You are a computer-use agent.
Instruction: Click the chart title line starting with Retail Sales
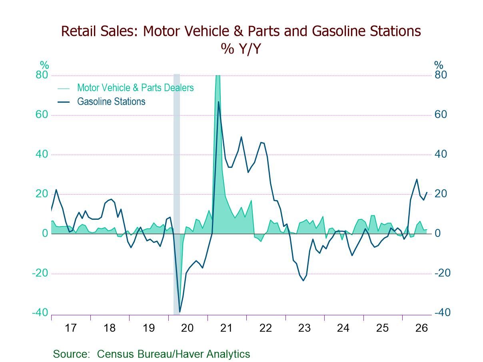tap(241, 31)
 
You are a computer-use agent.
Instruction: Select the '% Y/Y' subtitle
tap(241, 49)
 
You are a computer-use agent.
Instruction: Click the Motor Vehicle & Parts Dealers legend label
tap(135, 88)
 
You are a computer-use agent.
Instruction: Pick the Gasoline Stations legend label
tap(111, 102)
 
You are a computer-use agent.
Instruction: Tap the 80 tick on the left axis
tap(42, 75)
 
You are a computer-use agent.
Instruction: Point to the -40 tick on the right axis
tap(442, 312)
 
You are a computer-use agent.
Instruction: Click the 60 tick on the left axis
tap(42, 115)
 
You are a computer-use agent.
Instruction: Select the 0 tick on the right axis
tap(437, 233)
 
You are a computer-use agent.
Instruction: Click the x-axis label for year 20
tap(187, 328)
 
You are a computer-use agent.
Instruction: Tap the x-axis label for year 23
tap(304, 328)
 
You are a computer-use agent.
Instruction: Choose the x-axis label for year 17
tap(71, 328)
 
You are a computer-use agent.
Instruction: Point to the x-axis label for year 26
tap(421, 328)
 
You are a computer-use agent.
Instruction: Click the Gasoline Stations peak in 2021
tap(218, 101)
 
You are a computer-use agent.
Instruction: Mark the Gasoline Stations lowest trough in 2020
tap(180, 312)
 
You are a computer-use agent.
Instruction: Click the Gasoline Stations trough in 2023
tap(303, 280)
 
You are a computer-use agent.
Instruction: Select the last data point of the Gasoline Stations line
tap(427, 192)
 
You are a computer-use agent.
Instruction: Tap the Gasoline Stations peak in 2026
tap(417, 179)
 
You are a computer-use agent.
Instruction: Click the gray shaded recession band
tap(176, 195)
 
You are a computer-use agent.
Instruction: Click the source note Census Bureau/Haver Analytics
tap(174, 354)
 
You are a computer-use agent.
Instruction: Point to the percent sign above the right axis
tap(439, 65)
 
